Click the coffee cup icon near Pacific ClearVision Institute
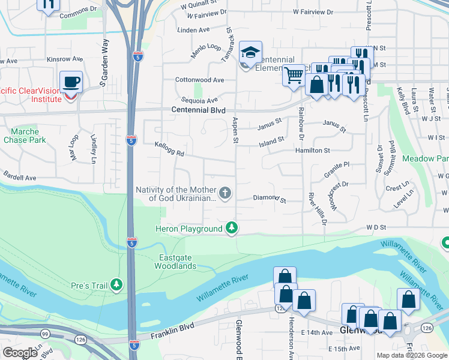tap(71, 81)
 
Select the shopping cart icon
tap(294, 76)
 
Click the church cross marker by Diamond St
tap(225, 193)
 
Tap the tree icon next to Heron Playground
tap(231, 228)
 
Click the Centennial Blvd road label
tap(199, 110)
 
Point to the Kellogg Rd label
tap(169, 148)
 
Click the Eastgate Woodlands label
tap(177, 262)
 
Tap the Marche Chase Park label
tap(25, 136)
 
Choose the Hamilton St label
tap(312, 150)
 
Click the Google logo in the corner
tap(20, 353)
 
